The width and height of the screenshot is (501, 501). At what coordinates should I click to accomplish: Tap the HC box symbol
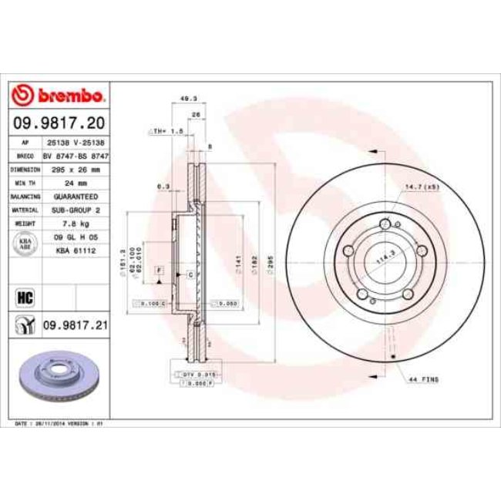point(23,296)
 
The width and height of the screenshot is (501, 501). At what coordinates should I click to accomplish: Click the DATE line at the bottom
point(62,424)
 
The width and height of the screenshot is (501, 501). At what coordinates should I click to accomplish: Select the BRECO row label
point(25,156)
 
